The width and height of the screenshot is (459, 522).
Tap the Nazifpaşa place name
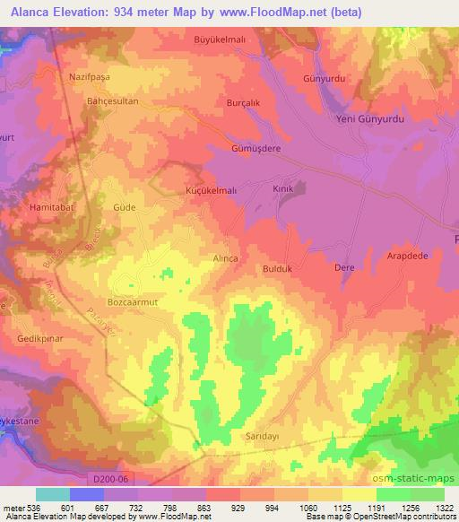click(x=88, y=77)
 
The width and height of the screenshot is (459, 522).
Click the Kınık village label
click(x=283, y=190)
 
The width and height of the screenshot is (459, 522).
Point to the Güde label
click(x=124, y=206)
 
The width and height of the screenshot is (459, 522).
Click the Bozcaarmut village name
click(x=132, y=303)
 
